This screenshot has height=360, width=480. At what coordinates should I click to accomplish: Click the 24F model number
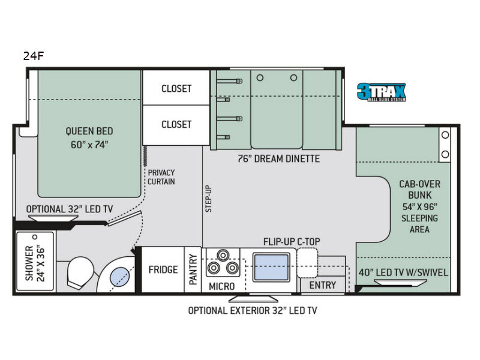(x=34, y=56)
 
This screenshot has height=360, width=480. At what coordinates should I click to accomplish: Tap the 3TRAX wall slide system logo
(x=382, y=92)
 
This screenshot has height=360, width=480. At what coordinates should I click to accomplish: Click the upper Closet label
(x=176, y=88)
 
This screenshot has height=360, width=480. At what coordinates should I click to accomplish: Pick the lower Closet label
(x=176, y=124)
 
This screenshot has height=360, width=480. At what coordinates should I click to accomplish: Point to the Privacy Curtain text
(x=161, y=177)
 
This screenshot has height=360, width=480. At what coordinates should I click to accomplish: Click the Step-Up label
(x=208, y=199)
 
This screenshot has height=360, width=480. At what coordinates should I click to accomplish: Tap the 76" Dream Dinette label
(x=279, y=158)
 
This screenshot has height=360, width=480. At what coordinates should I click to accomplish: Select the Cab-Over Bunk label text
(x=419, y=206)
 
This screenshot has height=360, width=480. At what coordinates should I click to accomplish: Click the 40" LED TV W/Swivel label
(x=403, y=272)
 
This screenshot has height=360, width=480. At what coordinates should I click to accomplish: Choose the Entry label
(x=323, y=286)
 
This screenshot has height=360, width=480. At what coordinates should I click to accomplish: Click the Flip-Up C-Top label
(x=292, y=242)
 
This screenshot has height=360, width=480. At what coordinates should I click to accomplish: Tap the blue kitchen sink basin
(x=271, y=267)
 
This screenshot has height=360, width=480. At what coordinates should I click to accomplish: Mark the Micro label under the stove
(x=221, y=287)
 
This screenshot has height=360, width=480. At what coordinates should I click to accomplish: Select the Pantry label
(x=193, y=269)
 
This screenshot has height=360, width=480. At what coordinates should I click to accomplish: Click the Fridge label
(x=163, y=269)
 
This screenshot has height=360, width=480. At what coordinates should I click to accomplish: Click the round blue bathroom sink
(x=121, y=277)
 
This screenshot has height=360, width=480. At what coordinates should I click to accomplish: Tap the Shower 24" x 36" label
(x=35, y=263)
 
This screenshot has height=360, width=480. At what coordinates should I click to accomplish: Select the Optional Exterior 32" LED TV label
(x=253, y=310)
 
